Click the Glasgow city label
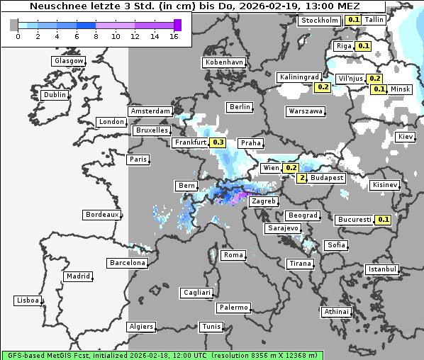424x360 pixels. pyautogui.click(x=68, y=61)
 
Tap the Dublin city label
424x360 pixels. pyautogui.click(x=54, y=95)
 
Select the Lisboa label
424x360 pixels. pyautogui.click(x=27, y=300)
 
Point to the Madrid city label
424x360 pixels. pyautogui.click(x=77, y=276)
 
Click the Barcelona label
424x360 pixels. pyautogui.click(x=128, y=263)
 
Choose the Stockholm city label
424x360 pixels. pyautogui.click(x=320, y=21)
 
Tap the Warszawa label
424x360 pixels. pyautogui.click(x=306, y=111)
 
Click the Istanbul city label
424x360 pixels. pyautogui.click(x=382, y=269)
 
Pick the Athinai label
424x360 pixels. pyautogui.click(x=336, y=312)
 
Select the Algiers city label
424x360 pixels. pyautogui.click(x=140, y=327)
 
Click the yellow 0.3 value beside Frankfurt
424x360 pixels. pyautogui.click(x=218, y=142)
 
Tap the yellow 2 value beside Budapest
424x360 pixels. pyautogui.click(x=302, y=178)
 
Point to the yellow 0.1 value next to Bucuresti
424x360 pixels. pyautogui.click(x=384, y=220)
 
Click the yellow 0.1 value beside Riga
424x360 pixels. pyautogui.click(x=364, y=46)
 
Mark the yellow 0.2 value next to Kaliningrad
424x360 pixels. pyautogui.click(x=323, y=87)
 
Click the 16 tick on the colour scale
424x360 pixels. pyautogui.click(x=174, y=36)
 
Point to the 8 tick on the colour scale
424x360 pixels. pyautogui.click(x=96, y=36)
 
